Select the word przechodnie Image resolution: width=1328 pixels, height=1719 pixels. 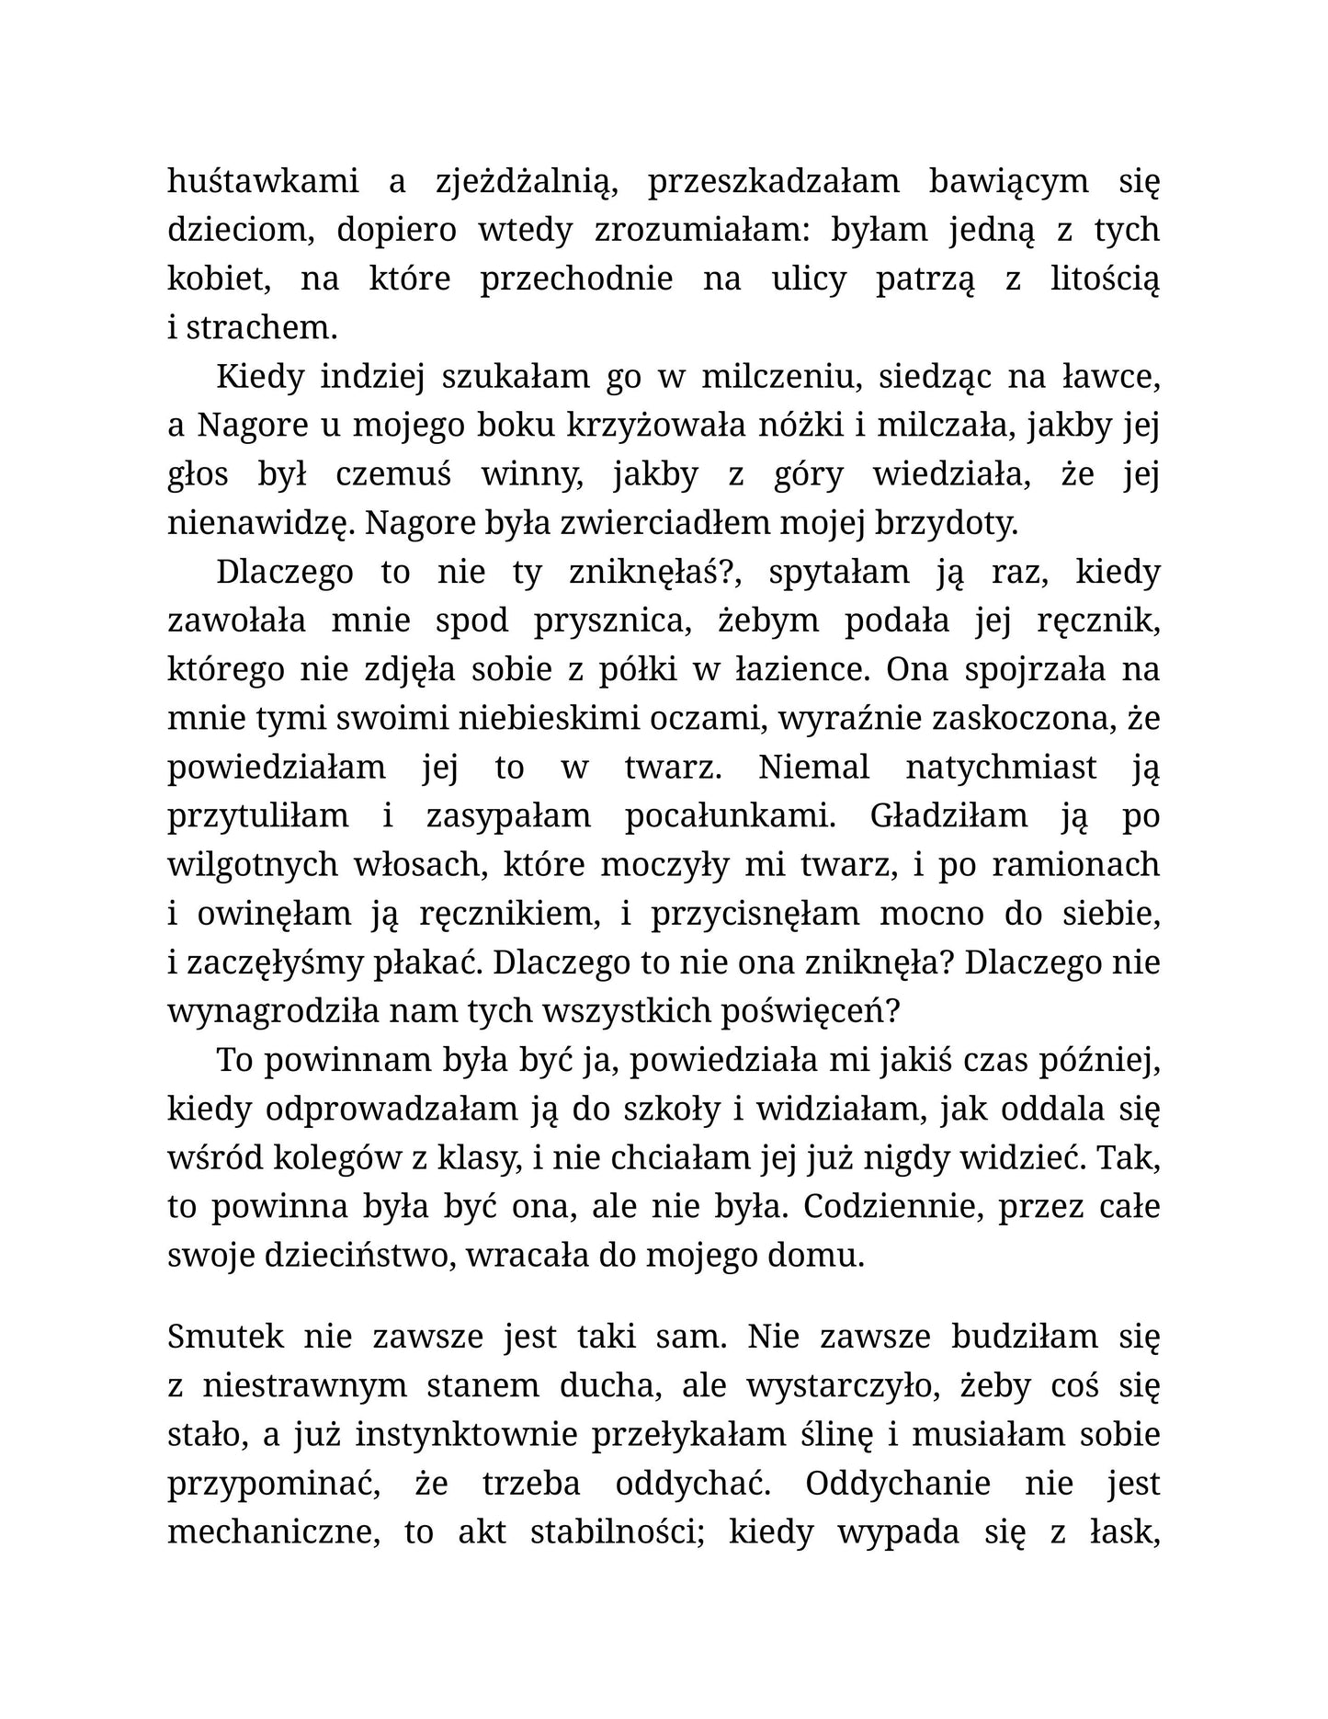click(x=576, y=279)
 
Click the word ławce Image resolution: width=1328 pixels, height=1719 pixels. click(x=1111, y=377)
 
